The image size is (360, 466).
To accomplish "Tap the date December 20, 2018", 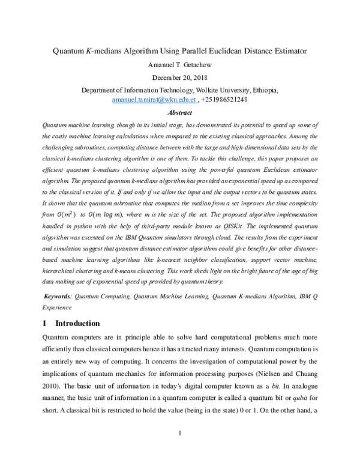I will [180, 78].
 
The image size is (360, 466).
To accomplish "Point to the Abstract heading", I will [180, 112].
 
